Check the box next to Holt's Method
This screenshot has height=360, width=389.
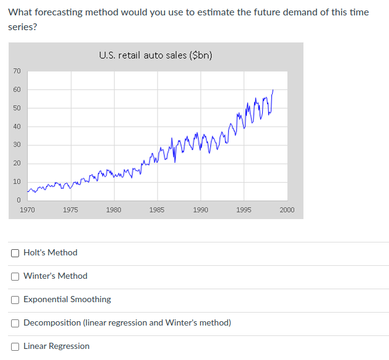point(15,252)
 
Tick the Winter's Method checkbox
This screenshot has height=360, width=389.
point(15,276)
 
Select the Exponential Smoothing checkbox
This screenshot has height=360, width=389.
point(15,299)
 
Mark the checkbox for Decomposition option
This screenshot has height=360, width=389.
point(15,322)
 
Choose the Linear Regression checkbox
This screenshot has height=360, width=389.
point(15,346)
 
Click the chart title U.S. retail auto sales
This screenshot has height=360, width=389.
point(156,55)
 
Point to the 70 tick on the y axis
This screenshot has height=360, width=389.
point(17,71)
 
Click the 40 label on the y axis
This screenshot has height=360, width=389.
point(17,127)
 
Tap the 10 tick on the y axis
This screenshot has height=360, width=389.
point(17,182)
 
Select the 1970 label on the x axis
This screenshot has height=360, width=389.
point(27,210)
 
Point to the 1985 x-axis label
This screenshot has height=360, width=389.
point(157,210)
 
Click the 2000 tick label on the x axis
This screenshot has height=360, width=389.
point(287,210)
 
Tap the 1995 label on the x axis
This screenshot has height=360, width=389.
point(244,210)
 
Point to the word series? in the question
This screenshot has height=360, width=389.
point(23,27)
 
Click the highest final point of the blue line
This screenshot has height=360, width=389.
point(273,90)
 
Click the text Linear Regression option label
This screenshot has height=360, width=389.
point(56,346)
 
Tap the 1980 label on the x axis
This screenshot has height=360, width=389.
point(114,210)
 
